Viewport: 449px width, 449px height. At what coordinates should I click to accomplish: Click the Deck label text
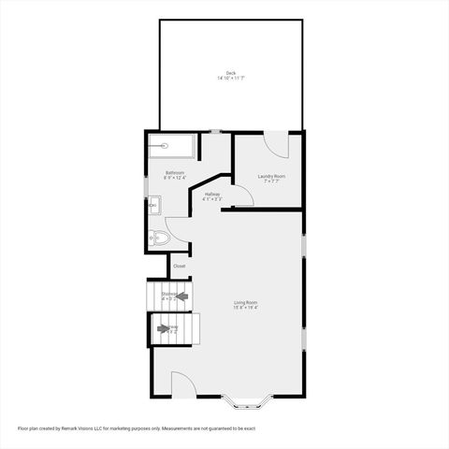coord(230,72)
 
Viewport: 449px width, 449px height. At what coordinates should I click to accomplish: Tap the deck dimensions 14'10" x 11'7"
coord(230,79)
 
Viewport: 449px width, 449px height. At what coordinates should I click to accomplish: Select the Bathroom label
coord(175,172)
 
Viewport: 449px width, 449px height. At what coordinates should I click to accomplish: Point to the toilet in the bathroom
coord(159,239)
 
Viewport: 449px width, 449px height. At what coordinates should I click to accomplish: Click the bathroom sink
coord(152,205)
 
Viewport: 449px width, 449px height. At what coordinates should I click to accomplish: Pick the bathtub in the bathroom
coord(171,146)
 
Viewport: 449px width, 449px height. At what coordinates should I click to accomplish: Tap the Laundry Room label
coord(271,176)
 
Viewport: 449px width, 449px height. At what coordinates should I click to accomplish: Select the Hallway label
coord(211,194)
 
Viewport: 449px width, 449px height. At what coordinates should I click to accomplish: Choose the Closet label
coord(179,266)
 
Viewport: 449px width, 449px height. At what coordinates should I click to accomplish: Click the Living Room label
coord(246,302)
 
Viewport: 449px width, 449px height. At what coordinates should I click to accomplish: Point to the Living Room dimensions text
coord(246,308)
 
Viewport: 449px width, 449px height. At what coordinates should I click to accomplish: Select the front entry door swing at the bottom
coord(181,384)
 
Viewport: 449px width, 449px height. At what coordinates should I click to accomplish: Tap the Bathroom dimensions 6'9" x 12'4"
coord(175,178)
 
